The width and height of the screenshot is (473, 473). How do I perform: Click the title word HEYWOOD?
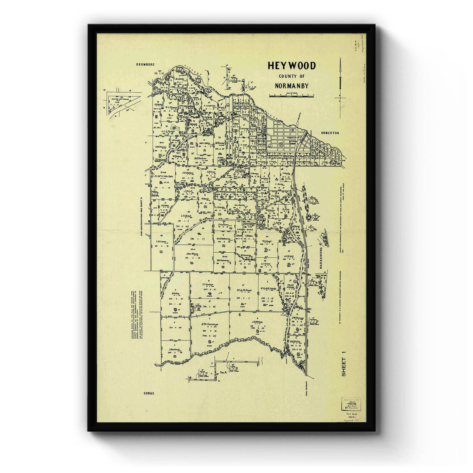point(291,65)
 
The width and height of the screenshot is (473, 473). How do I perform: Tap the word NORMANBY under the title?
point(291,86)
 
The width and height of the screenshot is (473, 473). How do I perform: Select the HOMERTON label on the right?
point(330,133)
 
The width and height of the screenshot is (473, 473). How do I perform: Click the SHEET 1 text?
point(343,367)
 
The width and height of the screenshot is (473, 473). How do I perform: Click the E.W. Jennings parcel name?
point(210,324)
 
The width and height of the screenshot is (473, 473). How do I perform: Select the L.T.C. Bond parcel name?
point(186,216)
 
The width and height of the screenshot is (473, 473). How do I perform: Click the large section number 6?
point(240,315)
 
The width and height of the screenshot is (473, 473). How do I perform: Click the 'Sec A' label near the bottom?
point(223,372)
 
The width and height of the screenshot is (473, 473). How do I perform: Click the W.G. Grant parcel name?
point(267,241)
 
